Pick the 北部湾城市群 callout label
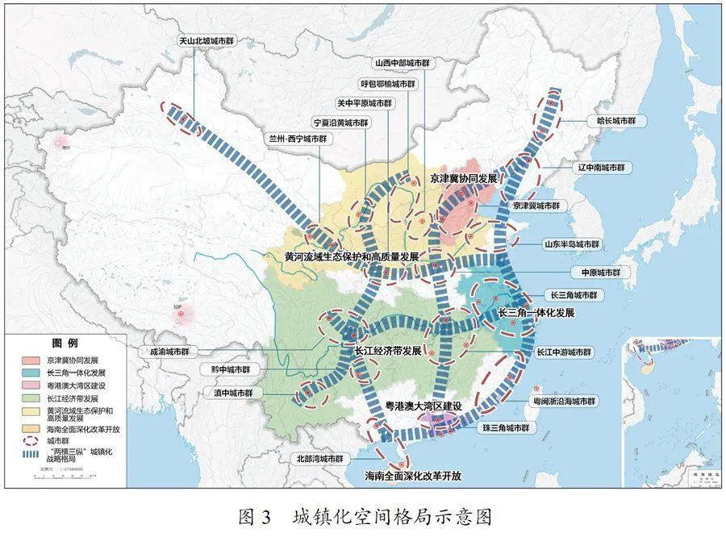[319, 458]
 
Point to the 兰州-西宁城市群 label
[299, 139]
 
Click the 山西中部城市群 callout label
[403, 62]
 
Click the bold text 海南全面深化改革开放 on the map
[413, 476]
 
